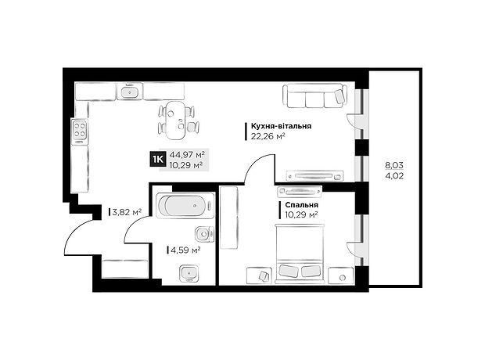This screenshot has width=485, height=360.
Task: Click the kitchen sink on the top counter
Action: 130,92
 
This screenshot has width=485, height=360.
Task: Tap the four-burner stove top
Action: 80,130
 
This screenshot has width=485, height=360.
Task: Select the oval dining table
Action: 176,120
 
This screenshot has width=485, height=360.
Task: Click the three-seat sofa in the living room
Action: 314,95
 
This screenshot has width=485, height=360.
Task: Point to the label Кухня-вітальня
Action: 281,126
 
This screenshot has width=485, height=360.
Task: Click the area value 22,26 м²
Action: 268,136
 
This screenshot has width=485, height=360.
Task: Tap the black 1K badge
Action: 158,159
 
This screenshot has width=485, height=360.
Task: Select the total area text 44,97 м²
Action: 188,154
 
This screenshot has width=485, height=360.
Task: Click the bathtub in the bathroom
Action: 185,206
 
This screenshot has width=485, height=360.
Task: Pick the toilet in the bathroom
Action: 204,234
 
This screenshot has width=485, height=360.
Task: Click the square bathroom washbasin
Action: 189,273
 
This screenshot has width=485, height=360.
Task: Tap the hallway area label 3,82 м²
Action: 127,212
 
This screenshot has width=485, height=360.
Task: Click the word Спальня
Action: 302,205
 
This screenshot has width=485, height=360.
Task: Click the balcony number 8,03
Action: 394,165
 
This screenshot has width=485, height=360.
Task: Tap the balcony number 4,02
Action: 394,177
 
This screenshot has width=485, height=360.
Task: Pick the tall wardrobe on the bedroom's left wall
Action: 229,218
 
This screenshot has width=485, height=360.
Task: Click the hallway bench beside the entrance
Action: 125,268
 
